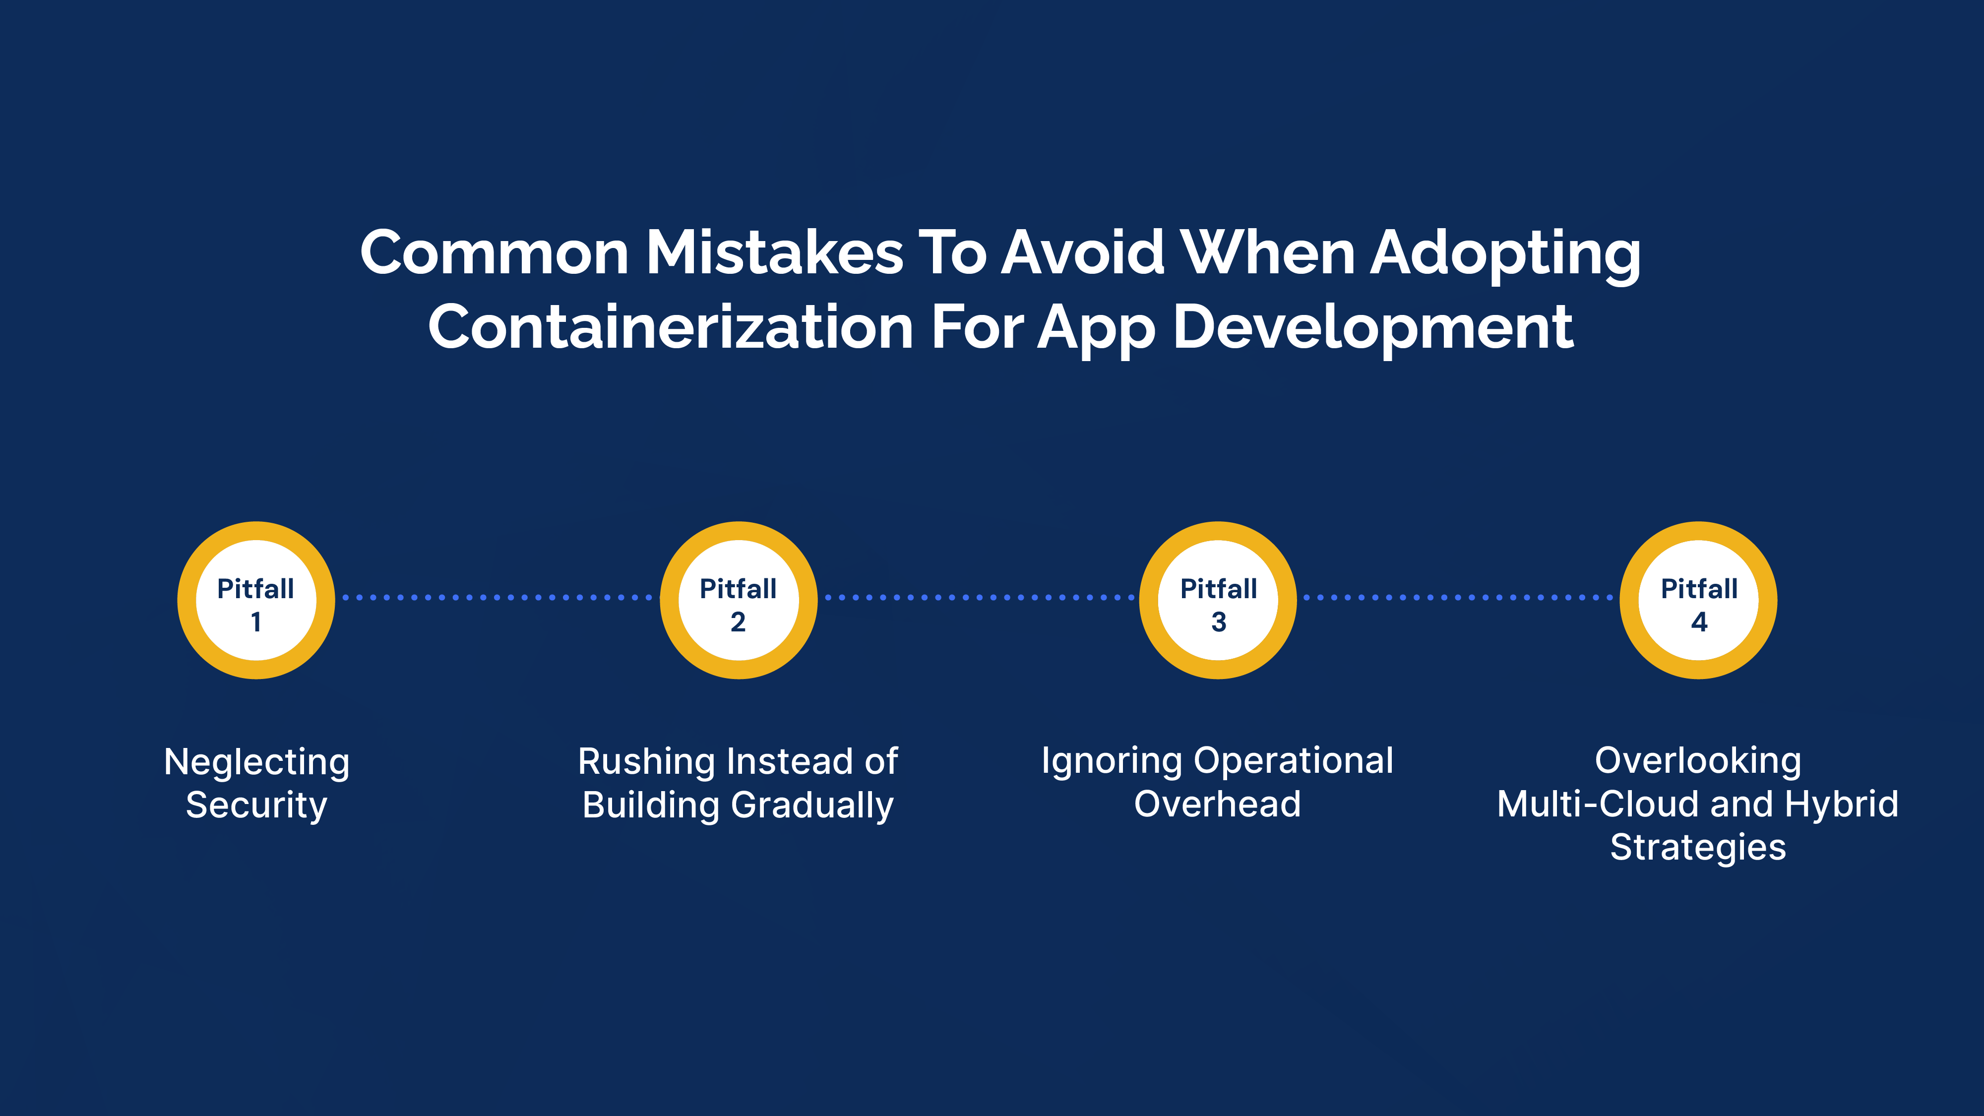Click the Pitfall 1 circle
pyautogui.click(x=256, y=600)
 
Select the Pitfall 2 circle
pyautogui.click(x=738, y=600)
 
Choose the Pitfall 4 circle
pyautogui.click(x=1698, y=600)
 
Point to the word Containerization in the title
pyautogui.click(x=670, y=327)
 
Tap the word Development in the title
pyautogui.click(x=1373, y=327)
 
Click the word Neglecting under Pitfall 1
pyautogui.click(x=257, y=762)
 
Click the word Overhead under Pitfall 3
pyautogui.click(x=1218, y=804)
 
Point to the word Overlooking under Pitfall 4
pyautogui.click(x=1698, y=761)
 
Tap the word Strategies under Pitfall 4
pyautogui.click(x=1698, y=847)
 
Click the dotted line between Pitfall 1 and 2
pyautogui.click(x=497, y=598)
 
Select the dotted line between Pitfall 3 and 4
pyautogui.click(x=1458, y=598)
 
